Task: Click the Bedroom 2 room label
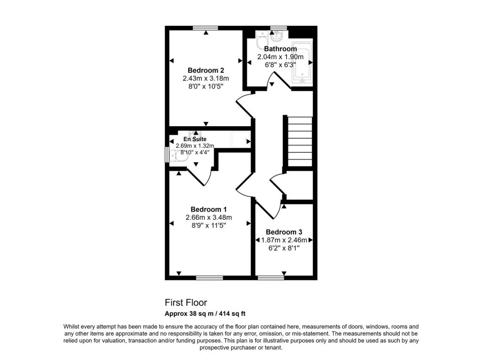point(206,71)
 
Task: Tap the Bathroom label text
point(281,48)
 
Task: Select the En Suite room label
point(195,139)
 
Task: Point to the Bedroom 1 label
point(209,209)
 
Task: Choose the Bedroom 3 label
point(284,232)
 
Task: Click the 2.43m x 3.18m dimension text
point(206,79)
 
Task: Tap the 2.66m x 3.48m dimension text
point(209,217)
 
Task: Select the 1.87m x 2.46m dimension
point(284,240)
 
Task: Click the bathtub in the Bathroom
point(302,62)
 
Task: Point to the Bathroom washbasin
point(277,36)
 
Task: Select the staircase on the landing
point(300,142)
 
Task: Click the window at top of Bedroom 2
point(205,28)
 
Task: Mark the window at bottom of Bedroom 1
point(209,278)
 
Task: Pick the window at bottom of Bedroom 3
point(271,278)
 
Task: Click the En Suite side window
point(167,155)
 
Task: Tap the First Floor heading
point(186,303)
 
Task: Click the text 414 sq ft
point(232,314)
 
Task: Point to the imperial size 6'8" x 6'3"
point(281,65)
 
